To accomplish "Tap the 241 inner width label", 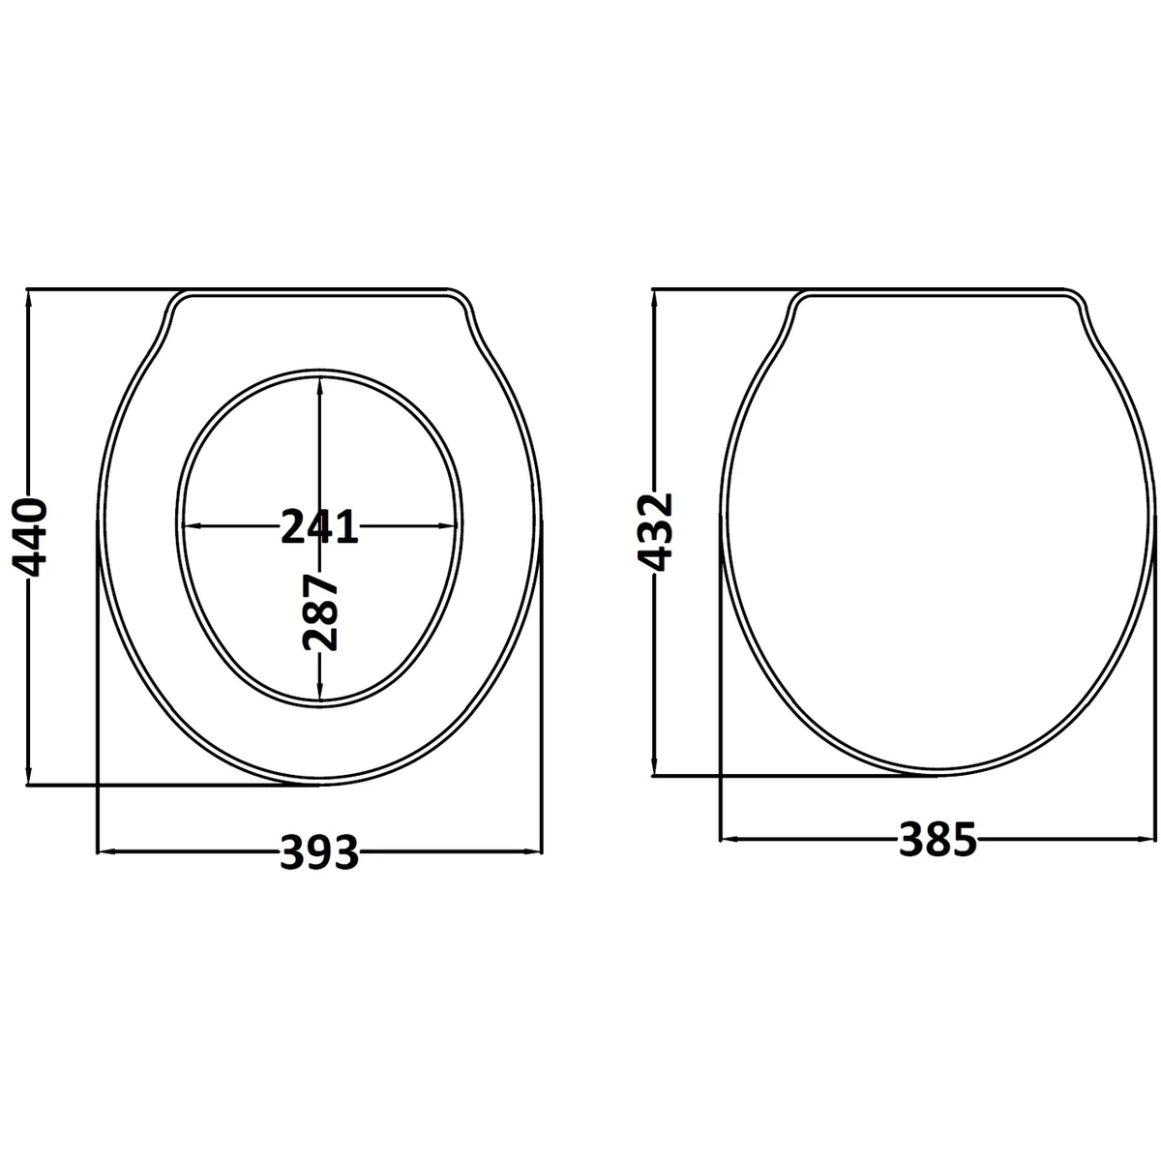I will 319,526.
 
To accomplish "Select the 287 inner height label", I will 320,613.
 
